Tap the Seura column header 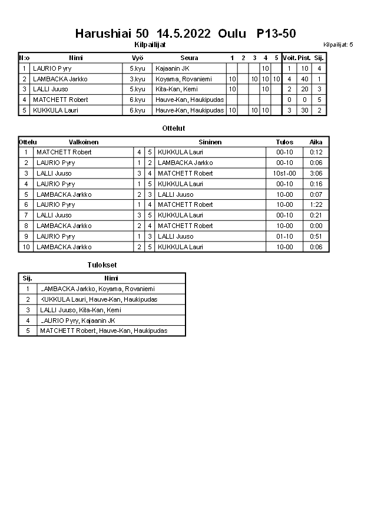[189, 58]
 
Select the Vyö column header [137, 58]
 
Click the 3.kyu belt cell [137, 79]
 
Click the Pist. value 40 [304, 79]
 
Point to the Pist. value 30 [304, 110]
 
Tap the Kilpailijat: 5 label [338, 45]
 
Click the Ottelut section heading [173, 128]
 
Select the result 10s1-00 [284, 173]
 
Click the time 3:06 [316, 173]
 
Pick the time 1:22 [316, 204]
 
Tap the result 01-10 [284, 236]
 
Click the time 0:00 [316, 226]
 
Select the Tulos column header [284, 142]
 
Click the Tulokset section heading [102, 265]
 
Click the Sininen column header [210, 142]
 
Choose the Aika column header [316, 142]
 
